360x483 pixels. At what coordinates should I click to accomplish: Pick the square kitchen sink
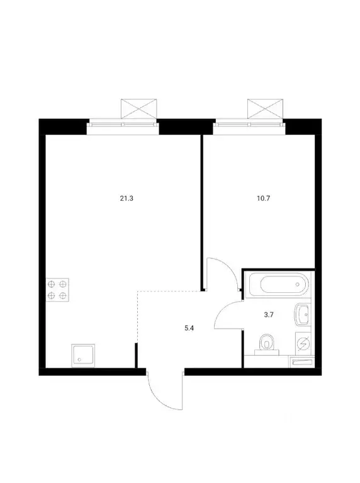point(82,355)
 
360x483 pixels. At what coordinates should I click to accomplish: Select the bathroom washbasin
point(302,313)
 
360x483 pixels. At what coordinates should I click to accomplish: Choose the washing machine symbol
point(302,344)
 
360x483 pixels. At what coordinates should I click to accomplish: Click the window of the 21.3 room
point(123,124)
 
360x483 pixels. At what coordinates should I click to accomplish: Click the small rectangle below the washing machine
point(302,362)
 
